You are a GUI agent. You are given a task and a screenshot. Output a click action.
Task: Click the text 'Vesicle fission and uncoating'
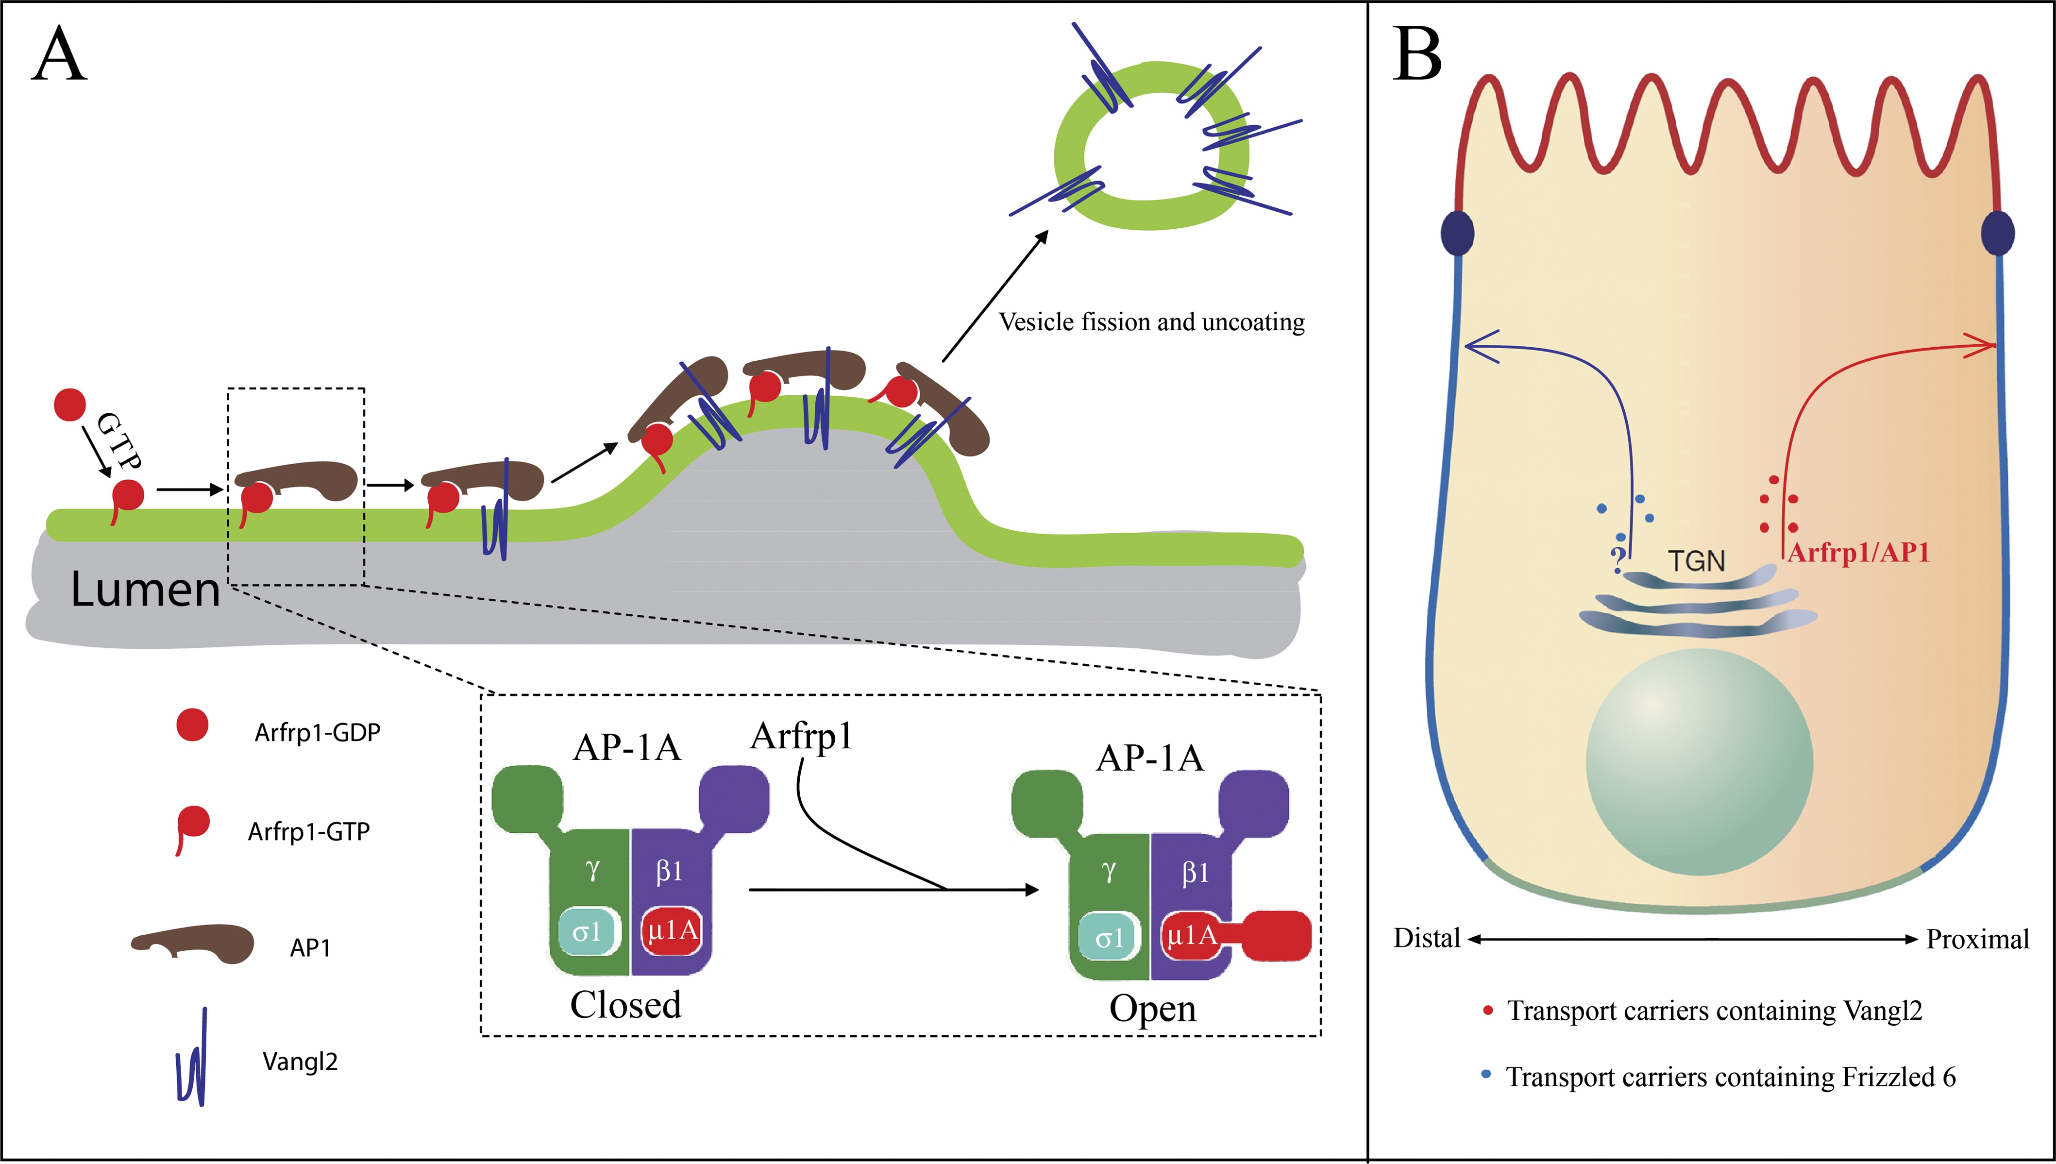[x=1151, y=322]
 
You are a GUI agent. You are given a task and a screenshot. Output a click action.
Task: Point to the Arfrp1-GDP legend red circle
[x=192, y=725]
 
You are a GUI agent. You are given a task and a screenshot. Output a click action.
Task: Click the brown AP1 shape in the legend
[x=194, y=944]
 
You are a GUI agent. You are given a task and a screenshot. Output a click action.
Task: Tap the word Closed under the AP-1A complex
[x=625, y=1005]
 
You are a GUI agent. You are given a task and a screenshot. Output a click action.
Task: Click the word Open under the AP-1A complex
[x=1152, y=1009]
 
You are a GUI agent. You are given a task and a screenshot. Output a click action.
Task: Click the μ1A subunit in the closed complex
[x=672, y=930]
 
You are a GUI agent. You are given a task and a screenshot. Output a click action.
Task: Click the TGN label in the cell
[x=1696, y=561]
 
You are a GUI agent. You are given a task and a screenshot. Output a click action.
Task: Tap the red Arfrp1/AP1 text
[x=1858, y=553]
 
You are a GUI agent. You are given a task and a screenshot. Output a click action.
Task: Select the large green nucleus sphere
[x=1699, y=762]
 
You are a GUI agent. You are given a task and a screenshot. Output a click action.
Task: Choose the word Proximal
[x=1977, y=939]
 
